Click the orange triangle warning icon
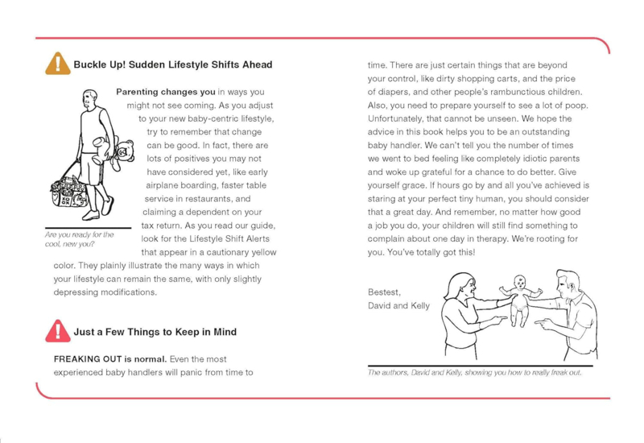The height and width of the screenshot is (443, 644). click(57, 64)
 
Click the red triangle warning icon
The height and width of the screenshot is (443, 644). click(57, 331)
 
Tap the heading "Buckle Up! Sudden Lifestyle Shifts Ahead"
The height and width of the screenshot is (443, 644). click(173, 64)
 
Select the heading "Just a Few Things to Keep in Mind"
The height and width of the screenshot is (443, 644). click(155, 331)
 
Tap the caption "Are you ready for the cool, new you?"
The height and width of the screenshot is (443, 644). click(79, 239)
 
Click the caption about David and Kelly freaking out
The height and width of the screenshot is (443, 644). click(474, 373)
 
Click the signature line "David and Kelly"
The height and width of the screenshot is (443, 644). click(398, 305)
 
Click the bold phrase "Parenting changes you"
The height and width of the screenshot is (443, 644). click(165, 92)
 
